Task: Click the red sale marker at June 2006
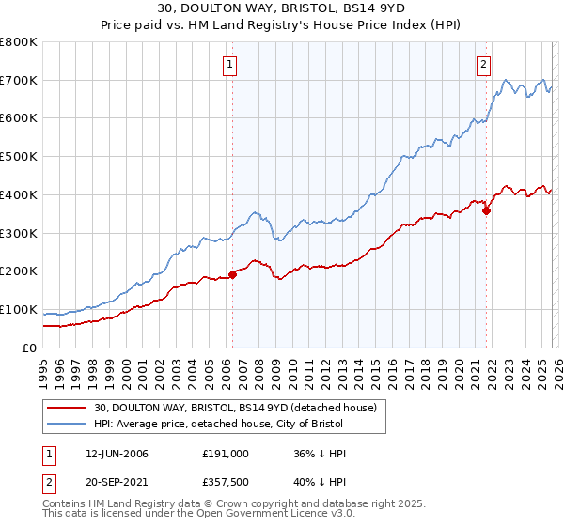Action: click(232, 274)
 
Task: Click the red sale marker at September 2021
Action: click(486, 210)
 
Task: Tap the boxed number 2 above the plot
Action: click(483, 65)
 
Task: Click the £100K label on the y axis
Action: click(19, 310)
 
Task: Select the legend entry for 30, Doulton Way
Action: click(235, 408)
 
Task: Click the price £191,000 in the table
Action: click(225, 454)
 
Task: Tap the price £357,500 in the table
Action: click(225, 484)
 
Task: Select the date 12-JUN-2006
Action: click(114, 454)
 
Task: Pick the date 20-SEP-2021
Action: click(114, 484)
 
